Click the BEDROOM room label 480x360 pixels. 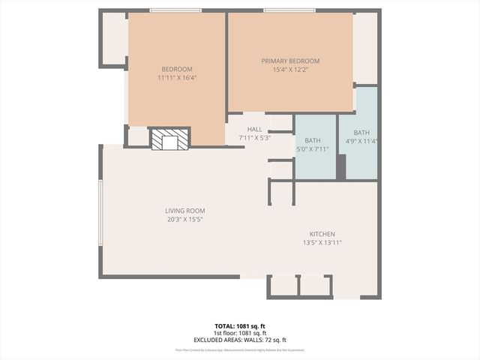click(177, 69)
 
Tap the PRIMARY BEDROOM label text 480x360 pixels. click(290, 61)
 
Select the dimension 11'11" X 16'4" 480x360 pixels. click(177, 77)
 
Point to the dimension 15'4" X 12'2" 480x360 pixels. click(290, 70)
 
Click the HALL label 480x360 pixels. click(254, 130)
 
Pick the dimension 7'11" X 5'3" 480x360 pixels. click(254, 138)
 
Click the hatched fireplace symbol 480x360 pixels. click(169, 140)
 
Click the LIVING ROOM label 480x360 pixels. click(184, 211)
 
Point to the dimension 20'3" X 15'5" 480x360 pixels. click(184, 220)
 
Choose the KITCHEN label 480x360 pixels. click(322, 234)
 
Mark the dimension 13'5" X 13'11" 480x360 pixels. click(322, 243)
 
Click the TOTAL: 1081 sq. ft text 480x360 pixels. click(240, 326)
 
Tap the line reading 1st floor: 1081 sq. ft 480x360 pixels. click(240, 333)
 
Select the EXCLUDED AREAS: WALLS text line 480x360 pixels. click(240, 340)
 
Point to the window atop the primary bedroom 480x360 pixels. click(288, 10)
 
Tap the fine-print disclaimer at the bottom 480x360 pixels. click(240, 349)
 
